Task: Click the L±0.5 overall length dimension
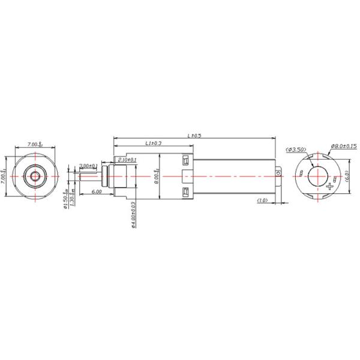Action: pyautogui.click(x=194, y=136)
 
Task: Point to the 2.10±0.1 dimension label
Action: pyautogui.click(x=127, y=159)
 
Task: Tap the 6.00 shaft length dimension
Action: pyautogui.click(x=96, y=191)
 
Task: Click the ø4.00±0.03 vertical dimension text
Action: pyautogui.click(x=132, y=213)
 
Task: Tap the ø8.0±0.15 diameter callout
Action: pyautogui.click(x=344, y=146)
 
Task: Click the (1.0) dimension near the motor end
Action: pyautogui.click(x=262, y=200)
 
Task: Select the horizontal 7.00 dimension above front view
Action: pyautogui.click(x=35, y=145)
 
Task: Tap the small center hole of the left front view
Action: pyautogui.click(x=35, y=176)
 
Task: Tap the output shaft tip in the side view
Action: pyautogui.click(x=81, y=176)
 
